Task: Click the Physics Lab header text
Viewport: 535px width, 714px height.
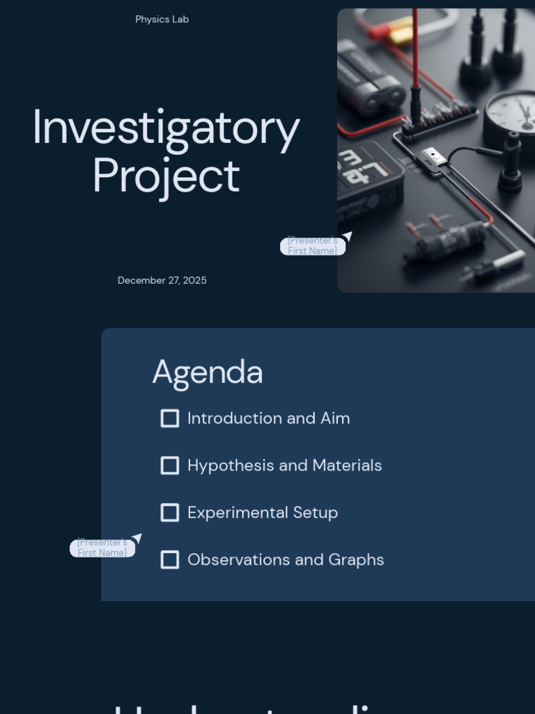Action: (x=162, y=20)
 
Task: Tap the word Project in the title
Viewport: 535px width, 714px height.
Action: (x=166, y=176)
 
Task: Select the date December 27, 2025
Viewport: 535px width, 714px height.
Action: (x=162, y=280)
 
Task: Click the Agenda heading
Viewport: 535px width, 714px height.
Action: (x=207, y=372)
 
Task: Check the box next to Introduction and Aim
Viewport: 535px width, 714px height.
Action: (x=170, y=418)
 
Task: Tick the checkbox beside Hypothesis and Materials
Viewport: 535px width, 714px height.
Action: (x=170, y=466)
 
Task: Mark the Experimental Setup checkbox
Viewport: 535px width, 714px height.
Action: (x=170, y=512)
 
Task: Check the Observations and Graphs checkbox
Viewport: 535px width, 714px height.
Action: (x=170, y=560)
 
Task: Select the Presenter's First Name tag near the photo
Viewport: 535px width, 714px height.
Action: (x=312, y=246)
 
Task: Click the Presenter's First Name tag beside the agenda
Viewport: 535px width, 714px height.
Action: (x=102, y=548)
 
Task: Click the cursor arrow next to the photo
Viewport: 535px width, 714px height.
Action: (x=347, y=236)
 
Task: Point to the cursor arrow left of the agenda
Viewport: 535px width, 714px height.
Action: (x=137, y=538)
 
